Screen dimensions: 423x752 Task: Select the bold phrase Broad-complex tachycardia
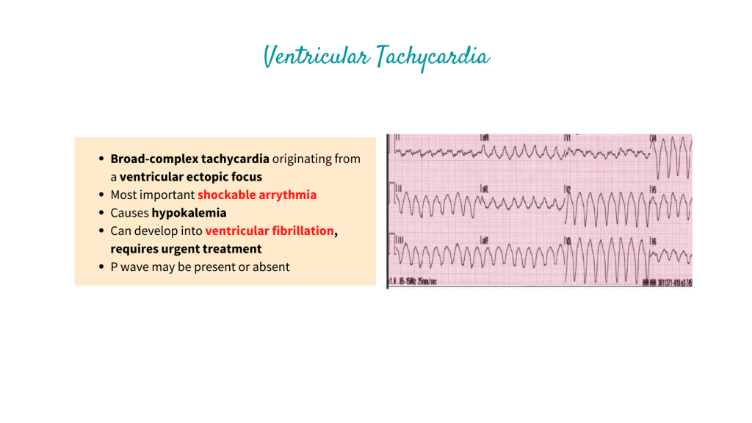pyautogui.click(x=190, y=159)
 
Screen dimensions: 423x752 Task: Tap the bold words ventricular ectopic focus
pyautogui.click(x=191, y=176)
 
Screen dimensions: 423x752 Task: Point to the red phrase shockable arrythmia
pyautogui.click(x=257, y=195)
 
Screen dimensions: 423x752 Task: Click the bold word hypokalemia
pyautogui.click(x=189, y=213)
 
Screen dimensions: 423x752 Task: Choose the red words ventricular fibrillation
pyautogui.click(x=270, y=231)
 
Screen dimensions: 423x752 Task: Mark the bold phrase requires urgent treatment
pyautogui.click(x=186, y=249)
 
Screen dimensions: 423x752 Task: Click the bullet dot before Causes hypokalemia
pyautogui.click(x=101, y=213)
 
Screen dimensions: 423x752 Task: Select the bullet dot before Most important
pyautogui.click(x=101, y=195)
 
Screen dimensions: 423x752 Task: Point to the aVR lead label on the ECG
pyautogui.click(x=485, y=138)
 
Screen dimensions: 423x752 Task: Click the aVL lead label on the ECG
pyautogui.click(x=485, y=189)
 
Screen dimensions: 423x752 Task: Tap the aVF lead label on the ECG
pyautogui.click(x=485, y=240)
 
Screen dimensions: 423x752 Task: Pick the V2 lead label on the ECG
pyautogui.click(x=568, y=189)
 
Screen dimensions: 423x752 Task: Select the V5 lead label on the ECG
pyautogui.click(x=653, y=189)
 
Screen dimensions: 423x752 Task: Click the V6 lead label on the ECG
pyautogui.click(x=653, y=240)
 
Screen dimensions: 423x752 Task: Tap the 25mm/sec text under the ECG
pyautogui.click(x=427, y=282)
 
